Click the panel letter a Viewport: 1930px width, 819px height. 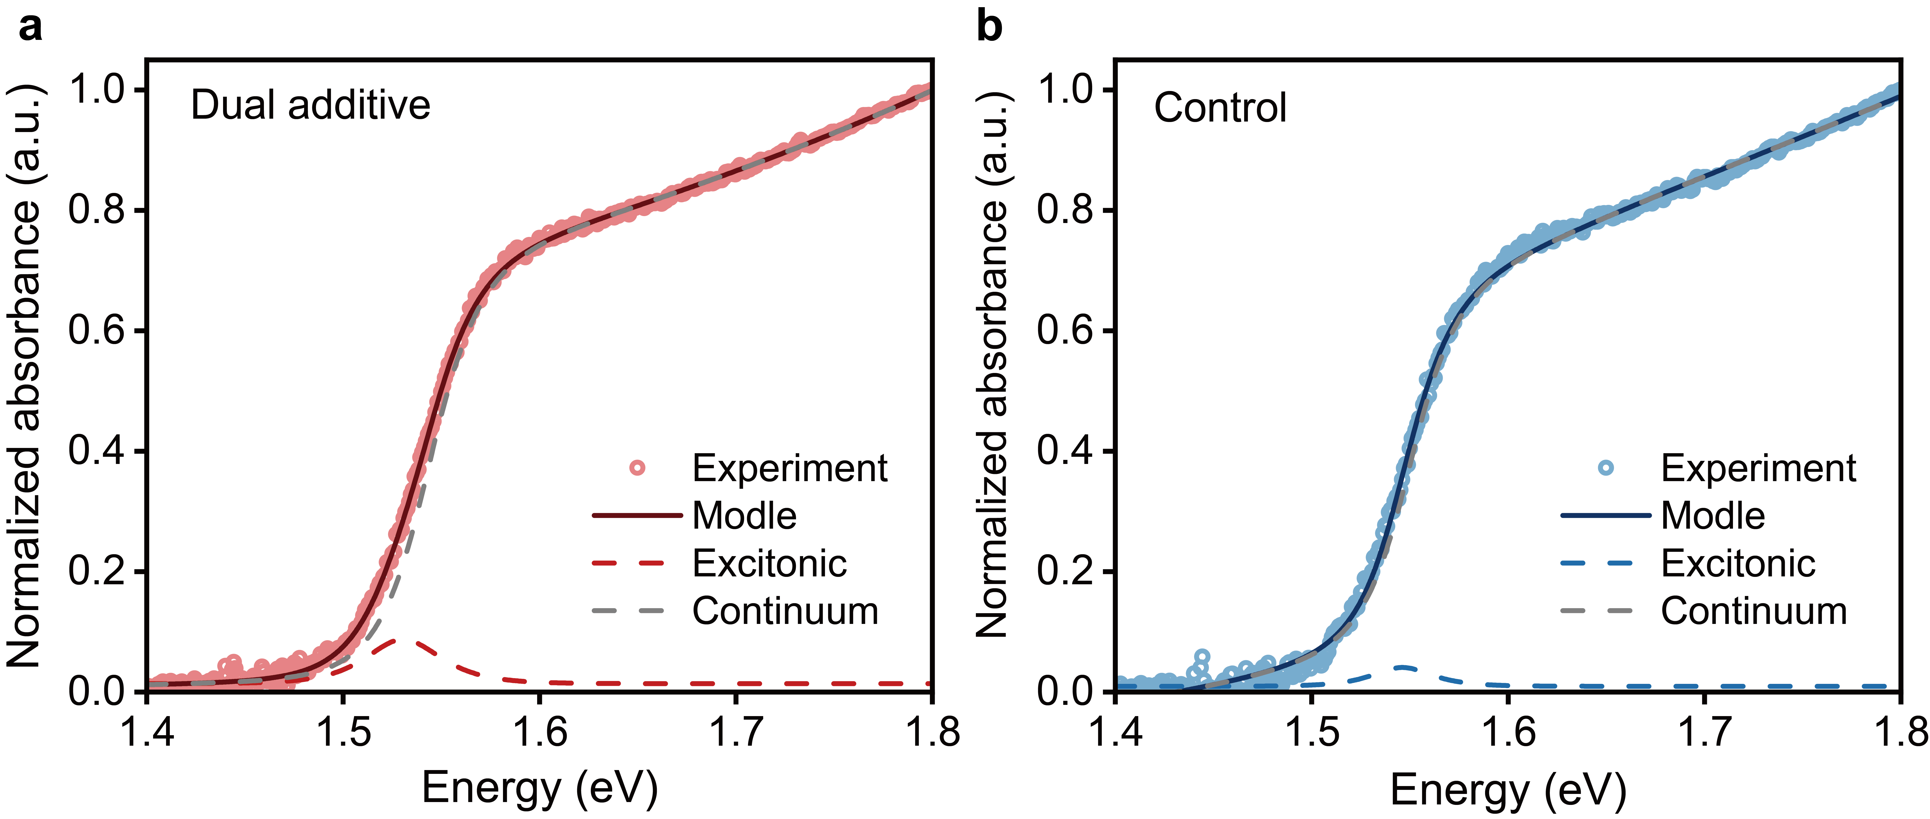pos(30,28)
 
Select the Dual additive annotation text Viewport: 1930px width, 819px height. pos(310,105)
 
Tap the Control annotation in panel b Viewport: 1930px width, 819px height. pos(1220,108)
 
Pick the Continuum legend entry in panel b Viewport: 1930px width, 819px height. pos(1753,612)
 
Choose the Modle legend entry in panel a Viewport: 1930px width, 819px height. pos(744,516)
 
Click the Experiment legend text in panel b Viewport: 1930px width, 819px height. pos(1758,468)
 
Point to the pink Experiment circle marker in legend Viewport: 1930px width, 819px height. pos(637,468)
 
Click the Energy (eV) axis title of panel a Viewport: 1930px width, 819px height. pos(540,788)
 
